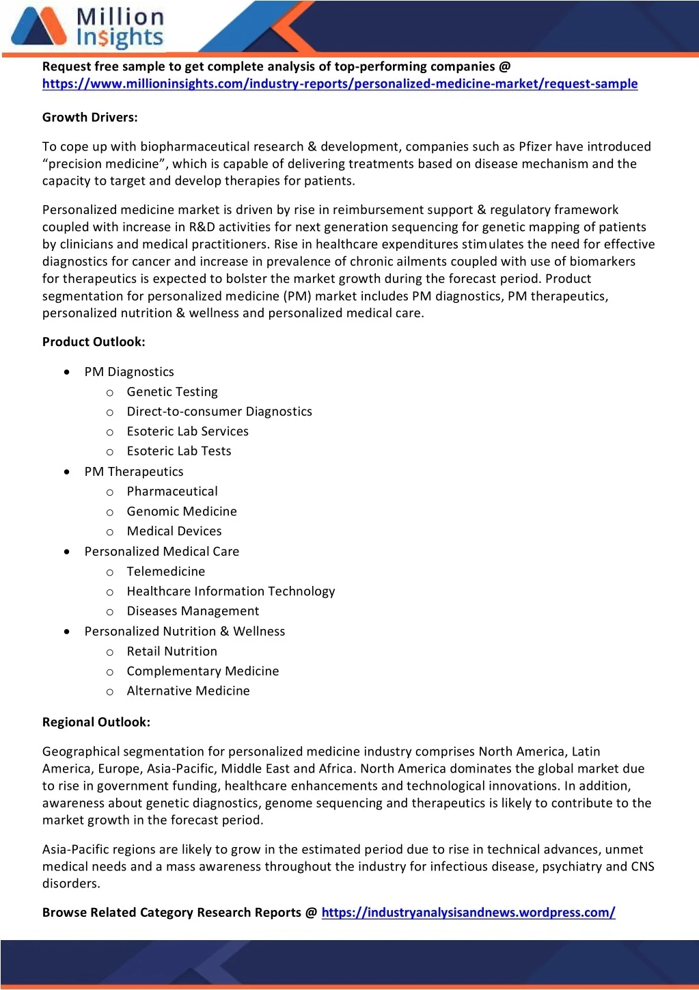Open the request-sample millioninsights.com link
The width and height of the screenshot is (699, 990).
pos(340,84)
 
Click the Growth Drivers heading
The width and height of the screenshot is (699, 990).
pos(90,118)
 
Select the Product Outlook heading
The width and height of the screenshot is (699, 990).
pos(94,342)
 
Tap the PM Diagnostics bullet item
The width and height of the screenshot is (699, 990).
pos(129,372)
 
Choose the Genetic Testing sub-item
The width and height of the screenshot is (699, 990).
pos(172,392)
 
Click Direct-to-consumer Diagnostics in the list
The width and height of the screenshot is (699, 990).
pos(219,412)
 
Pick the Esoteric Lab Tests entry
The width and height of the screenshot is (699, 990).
pos(179,451)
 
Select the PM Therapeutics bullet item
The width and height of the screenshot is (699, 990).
pos(134,472)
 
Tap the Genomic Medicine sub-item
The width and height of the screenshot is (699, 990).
pos(182,511)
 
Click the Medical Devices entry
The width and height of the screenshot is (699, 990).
pos(174,531)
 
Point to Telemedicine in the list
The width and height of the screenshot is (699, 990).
pos(166,572)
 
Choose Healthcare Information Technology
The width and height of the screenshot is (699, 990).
pos(231,591)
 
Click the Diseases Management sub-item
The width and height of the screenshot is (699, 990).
pos(193,611)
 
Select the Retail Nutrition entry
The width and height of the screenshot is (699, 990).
pos(172,652)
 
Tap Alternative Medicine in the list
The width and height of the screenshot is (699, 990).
pos(189,691)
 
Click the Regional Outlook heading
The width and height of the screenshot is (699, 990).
pos(96,723)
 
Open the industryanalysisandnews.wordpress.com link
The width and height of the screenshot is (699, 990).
pos(468,913)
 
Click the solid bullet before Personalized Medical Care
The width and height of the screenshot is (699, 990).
pos(66,551)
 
